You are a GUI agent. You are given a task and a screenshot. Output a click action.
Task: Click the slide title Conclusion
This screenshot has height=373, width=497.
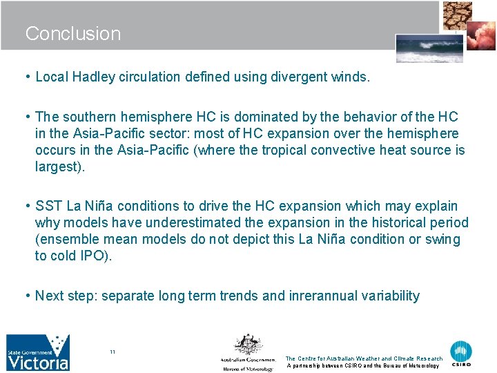(x=72, y=34)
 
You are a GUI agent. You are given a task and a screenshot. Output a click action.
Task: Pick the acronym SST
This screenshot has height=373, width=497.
(x=48, y=207)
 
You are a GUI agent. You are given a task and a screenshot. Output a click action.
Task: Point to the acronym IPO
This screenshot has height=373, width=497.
(x=97, y=256)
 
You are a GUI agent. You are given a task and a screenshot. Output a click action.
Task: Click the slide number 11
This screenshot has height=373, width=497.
(x=113, y=352)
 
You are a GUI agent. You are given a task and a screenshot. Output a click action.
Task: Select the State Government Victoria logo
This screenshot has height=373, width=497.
(x=38, y=353)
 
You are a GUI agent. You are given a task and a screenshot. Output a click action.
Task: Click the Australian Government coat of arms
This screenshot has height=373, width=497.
(x=246, y=345)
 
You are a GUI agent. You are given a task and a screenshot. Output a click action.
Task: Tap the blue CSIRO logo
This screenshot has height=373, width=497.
(x=461, y=353)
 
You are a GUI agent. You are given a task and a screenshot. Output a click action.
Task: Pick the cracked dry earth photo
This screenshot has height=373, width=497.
(x=458, y=16)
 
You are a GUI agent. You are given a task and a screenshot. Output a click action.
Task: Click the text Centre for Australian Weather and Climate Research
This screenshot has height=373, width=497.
(x=364, y=358)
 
